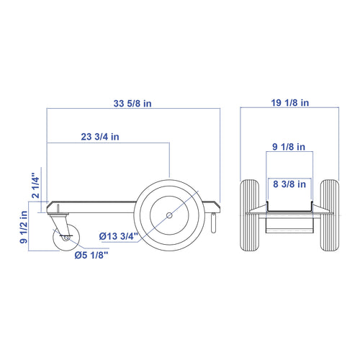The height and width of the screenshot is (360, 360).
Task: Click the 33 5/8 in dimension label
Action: tap(132, 104)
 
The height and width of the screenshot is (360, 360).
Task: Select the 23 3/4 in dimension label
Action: tap(100, 137)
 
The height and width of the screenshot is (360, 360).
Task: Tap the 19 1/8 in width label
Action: tap(290, 103)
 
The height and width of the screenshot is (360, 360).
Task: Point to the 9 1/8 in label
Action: tap(289, 147)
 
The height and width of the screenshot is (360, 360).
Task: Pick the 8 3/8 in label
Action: tap(289, 184)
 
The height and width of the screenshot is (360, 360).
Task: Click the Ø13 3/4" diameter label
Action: tap(119, 236)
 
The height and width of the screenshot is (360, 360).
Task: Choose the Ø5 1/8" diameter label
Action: tap(91, 255)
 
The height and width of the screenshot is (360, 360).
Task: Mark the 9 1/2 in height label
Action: tap(24, 227)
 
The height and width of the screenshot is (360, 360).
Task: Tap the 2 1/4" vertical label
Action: tap(35, 185)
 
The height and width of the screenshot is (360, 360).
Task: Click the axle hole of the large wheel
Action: tap(169, 215)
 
